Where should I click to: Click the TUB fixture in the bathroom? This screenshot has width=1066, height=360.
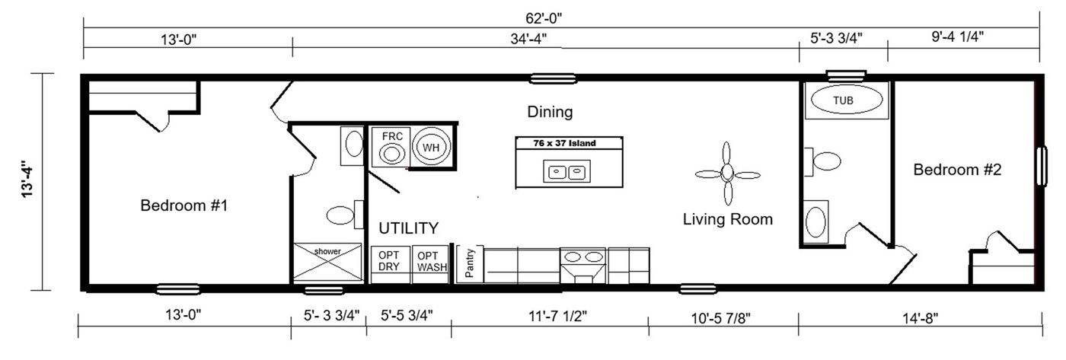pyautogui.click(x=847, y=100)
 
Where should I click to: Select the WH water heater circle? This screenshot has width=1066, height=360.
pyautogui.click(x=432, y=147)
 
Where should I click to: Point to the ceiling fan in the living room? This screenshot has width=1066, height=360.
pyautogui.click(x=727, y=173)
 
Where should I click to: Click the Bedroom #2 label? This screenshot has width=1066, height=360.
pyautogui.click(x=957, y=170)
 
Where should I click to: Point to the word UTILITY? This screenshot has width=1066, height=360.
pyautogui.click(x=409, y=228)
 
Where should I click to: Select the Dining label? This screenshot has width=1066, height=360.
pyautogui.click(x=550, y=113)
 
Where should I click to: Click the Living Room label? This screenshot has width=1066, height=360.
pyautogui.click(x=727, y=220)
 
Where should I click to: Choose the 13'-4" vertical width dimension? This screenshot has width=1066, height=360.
pyautogui.click(x=28, y=180)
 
